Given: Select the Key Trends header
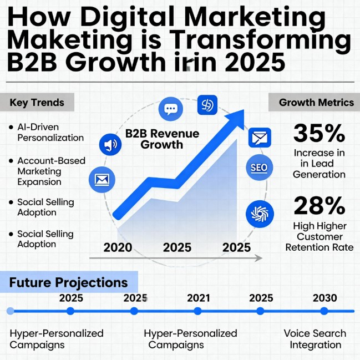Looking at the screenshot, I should tap(37, 103).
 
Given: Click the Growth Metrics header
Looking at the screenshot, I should tap(316, 103).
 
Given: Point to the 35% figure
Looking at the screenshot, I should tap(319, 134).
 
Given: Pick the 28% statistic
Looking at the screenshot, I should tap(319, 206).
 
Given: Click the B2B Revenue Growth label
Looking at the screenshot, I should tap(154, 139).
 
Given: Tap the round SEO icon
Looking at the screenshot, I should tap(259, 167).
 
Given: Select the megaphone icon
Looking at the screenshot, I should tap(110, 145).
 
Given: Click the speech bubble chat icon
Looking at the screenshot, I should tap(170, 109).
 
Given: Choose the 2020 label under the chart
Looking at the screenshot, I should tap(118, 247).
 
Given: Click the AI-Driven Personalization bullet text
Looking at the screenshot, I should tap(50, 133).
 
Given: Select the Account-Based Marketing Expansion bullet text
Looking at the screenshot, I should tap(51, 171).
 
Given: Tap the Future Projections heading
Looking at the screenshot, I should tap(68, 283).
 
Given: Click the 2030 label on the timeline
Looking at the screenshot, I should tap(324, 298).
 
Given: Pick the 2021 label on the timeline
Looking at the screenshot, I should tap(198, 298).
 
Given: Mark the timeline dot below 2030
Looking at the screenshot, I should tap(324, 312).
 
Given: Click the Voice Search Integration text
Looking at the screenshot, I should tap(315, 339).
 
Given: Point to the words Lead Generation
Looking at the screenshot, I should tap(320, 169).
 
